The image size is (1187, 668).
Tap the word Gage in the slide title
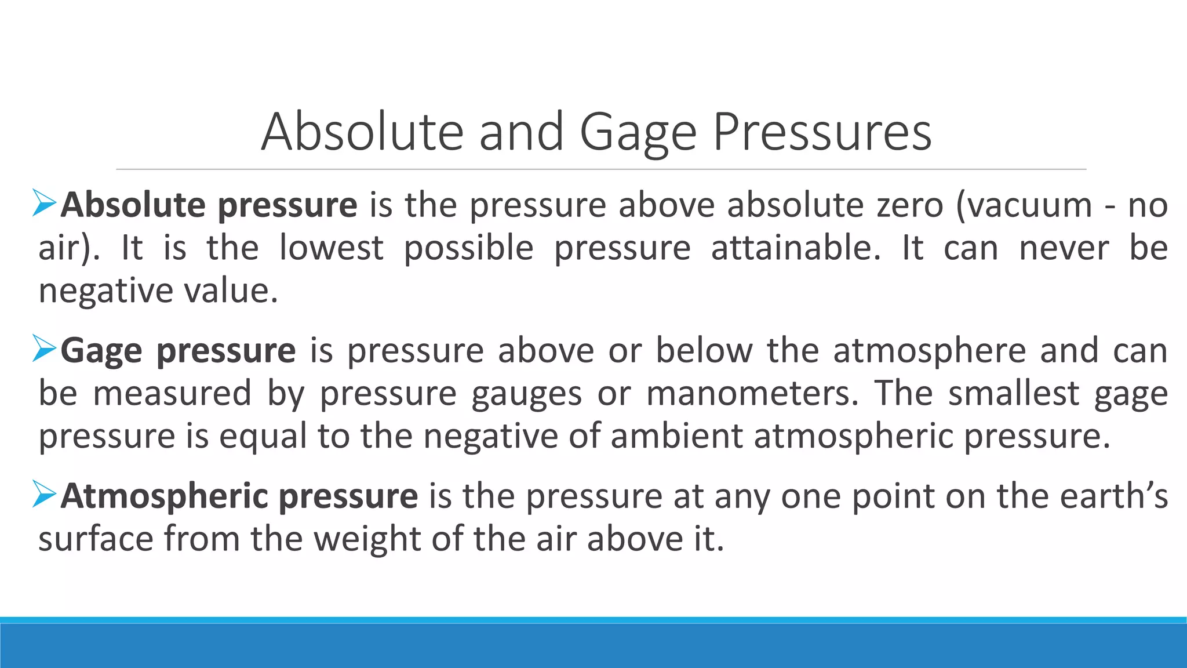[638, 132]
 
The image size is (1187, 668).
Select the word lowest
[331, 248]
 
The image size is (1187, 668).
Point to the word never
[1064, 248]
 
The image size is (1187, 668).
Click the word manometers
[752, 393]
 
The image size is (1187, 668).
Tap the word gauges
[526, 394]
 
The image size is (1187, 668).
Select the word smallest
[1014, 393]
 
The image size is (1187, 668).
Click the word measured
[172, 393]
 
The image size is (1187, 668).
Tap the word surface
[96, 539]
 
